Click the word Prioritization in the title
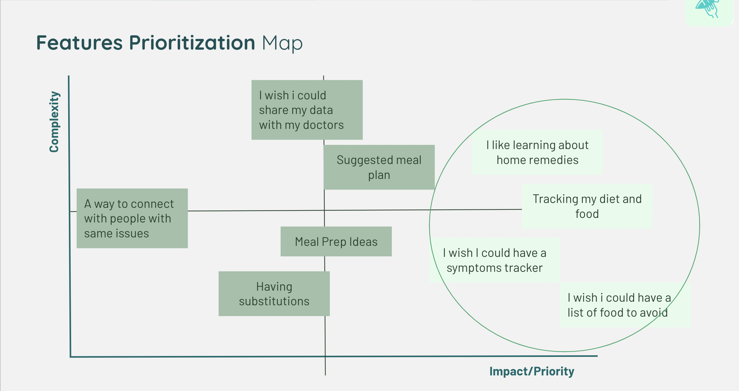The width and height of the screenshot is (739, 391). tap(192, 43)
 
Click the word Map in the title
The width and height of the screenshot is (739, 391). tap(282, 43)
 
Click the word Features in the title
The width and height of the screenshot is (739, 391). tap(80, 43)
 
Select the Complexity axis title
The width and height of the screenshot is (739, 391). tap(54, 122)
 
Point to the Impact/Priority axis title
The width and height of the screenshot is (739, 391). tap(532, 371)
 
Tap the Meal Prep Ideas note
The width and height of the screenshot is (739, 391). tap(336, 242)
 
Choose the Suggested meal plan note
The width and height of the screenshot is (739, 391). tap(379, 167)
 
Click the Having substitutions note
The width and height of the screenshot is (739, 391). tap(274, 294)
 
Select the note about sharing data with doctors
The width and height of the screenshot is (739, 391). tap(307, 110)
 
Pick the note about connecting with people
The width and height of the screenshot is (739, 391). tap(132, 218)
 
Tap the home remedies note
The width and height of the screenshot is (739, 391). tap(537, 152)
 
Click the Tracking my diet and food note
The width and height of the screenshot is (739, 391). tap(587, 206)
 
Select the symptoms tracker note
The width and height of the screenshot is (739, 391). tap(495, 260)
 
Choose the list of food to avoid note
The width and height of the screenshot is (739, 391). tap(619, 305)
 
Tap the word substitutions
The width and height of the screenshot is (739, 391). tap(274, 301)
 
